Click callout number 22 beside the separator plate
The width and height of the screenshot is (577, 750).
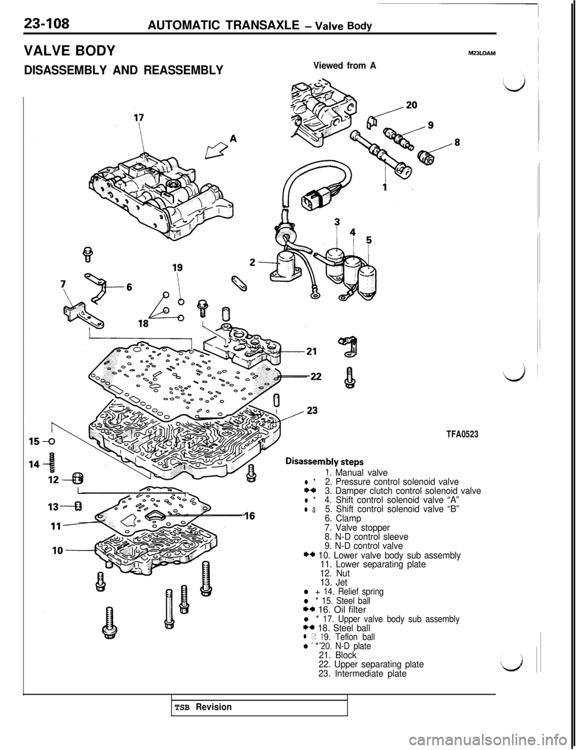tap(314, 377)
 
